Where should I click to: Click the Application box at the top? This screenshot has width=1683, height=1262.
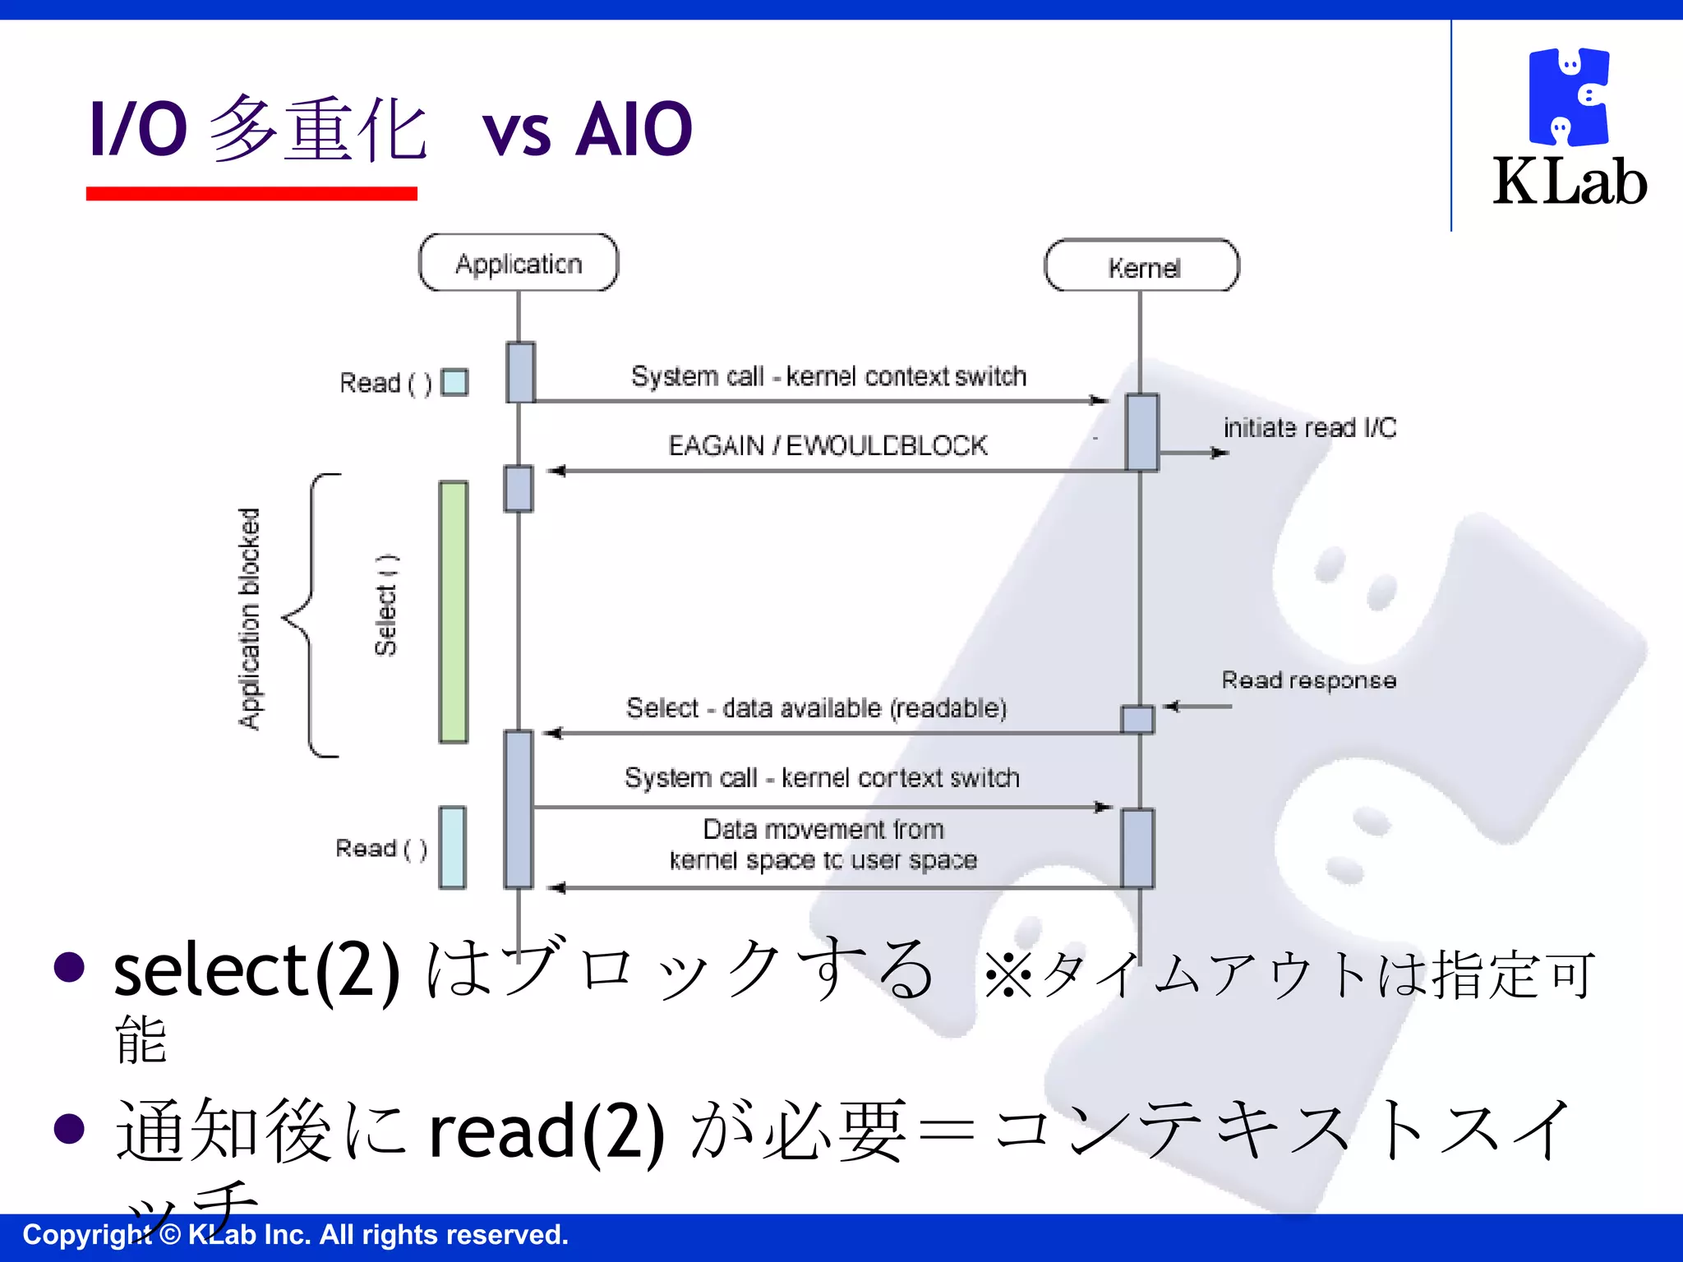[x=519, y=263]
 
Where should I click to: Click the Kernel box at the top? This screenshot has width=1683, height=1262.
[x=1141, y=266]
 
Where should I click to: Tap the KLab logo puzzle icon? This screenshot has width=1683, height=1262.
[x=1568, y=97]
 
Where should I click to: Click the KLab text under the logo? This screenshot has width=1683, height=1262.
[x=1570, y=182]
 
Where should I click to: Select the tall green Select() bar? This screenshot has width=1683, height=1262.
[x=453, y=612]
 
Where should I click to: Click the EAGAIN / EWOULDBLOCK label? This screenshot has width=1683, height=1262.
[x=828, y=445]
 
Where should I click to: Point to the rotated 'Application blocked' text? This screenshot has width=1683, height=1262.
[x=249, y=618]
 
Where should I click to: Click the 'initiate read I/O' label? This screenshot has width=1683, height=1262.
[x=1309, y=428]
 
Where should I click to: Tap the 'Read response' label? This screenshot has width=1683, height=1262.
[x=1308, y=680]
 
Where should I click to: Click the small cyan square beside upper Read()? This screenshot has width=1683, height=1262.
[x=454, y=382]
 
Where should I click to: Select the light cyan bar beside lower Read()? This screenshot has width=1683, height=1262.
[x=452, y=847]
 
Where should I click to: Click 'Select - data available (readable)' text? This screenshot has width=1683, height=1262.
[x=816, y=707]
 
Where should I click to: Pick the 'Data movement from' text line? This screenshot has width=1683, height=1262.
[x=823, y=829]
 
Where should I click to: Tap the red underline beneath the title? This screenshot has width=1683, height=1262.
[x=251, y=194]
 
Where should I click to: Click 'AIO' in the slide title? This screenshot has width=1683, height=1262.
[x=634, y=129]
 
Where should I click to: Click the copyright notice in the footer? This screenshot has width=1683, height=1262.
[x=295, y=1235]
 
